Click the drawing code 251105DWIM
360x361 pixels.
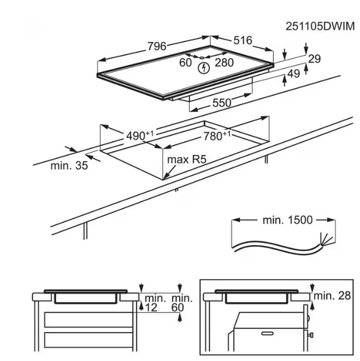point(320,27)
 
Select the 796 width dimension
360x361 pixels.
point(156,46)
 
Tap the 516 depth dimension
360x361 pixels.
point(243,40)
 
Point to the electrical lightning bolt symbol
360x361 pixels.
point(204,68)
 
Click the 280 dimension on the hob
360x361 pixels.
point(224,62)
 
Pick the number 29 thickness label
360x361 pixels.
point(314,59)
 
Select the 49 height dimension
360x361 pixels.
point(294,73)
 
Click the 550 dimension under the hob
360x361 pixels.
point(221,103)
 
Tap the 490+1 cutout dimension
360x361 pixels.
point(140,135)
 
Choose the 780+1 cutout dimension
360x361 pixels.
point(216,135)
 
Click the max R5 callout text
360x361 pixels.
point(186,159)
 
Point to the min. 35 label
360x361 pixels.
point(69,165)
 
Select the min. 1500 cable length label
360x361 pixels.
point(288,220)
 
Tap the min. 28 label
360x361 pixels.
point(332,295)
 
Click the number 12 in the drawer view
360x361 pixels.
point(151,308)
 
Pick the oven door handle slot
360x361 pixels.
point(267,333)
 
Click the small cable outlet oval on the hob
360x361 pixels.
point(201,58)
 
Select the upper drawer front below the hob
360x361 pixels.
point(88,319)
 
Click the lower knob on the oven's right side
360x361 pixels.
point(311,334)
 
